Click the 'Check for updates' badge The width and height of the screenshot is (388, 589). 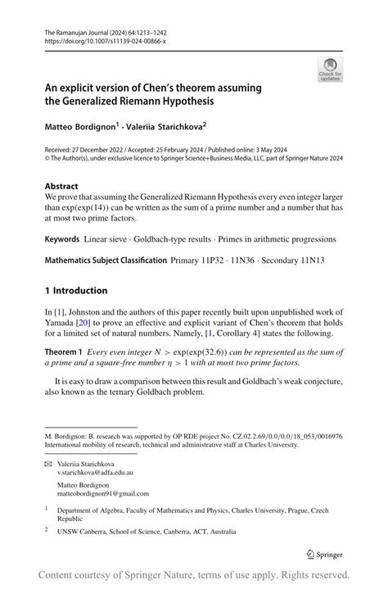[x=330, y=70]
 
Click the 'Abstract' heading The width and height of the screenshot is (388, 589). [x=62, y=186]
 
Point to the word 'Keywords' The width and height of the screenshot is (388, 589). [x=62, y=239]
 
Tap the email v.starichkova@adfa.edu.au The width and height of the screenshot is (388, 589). [x=96, y=473]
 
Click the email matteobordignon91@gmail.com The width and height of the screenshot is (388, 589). [x=103, y=494]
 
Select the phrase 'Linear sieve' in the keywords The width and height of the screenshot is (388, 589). [x=110, y=239]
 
